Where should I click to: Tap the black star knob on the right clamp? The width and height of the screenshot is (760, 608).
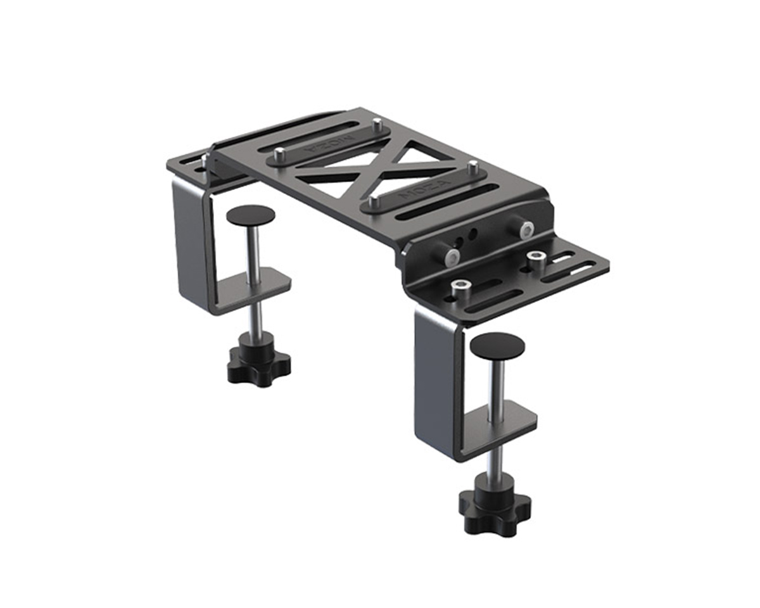[x=495, y=507]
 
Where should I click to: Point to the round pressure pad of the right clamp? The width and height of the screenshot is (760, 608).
[x=497, y=346]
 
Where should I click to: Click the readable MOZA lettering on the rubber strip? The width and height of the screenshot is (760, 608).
[x=419, y=187]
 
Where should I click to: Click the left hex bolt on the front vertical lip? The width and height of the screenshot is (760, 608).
[x=451, y=256]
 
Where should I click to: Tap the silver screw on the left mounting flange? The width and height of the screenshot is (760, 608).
[x=205, y=161]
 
